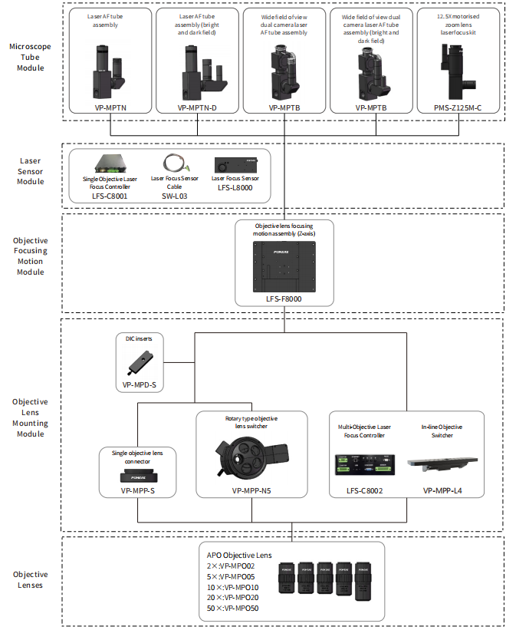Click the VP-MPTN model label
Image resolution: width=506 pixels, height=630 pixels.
tap(110, 108)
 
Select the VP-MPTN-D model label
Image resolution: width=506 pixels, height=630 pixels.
tap(197, 108)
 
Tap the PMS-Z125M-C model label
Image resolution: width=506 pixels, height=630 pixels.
tap(458, 108)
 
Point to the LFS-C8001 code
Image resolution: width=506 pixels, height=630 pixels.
tap(110, 196)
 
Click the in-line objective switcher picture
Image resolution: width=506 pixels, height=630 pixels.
tap(441, 463)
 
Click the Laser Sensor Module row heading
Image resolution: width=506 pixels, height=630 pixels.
tap(31, 172)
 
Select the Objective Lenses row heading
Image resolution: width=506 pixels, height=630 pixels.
tap(31, 579)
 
